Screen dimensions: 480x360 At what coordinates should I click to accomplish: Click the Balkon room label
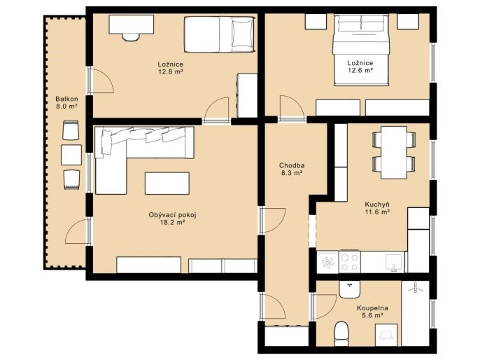pyautogui.click(x=66, y=99)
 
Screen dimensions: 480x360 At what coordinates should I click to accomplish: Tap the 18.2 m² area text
pyautogui.click(x=172, y=223)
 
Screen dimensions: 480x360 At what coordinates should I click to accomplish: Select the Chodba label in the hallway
pyautogui.click(x=292, y=165)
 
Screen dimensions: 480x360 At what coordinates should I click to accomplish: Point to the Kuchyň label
pyautogui.click(x=377, y=205)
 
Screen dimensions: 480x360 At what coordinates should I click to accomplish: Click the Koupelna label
pyautogui.click(x=372, y=308)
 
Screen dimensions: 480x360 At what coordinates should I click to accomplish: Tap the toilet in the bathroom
pyautogui.click(x=343, y=333)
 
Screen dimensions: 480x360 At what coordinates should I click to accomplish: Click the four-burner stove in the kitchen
pyautogui.click(x=350, y=262)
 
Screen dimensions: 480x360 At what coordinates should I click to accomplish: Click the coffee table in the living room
pyautogui.click(x=167, y=184)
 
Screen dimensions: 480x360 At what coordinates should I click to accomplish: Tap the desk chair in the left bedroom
pyautogui.click(x=131, y=37)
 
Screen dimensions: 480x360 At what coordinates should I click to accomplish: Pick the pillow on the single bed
pyautogui.click(x=242, y=34)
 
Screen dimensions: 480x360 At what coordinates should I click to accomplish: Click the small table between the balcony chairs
pyautogui.click(x=71, y=155)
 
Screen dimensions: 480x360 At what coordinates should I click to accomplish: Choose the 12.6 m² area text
pyautogui.click(x=360, y=71)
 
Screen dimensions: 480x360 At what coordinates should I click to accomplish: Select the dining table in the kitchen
pyautogui.click(x=394, y=152)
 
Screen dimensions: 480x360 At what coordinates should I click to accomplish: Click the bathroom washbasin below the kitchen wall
pyautogui.click(x=349, y=289)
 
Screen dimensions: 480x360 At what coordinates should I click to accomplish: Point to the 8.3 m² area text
pyautogui.click(x=292, y=173)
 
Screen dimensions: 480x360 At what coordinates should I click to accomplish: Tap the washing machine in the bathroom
pyautogui.click(x=386, y=335)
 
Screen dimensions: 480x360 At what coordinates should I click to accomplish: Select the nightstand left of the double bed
pyautogui.click(x=316, y=22)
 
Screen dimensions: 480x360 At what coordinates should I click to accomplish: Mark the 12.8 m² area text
pyautogui.click(x=171, y=72)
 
